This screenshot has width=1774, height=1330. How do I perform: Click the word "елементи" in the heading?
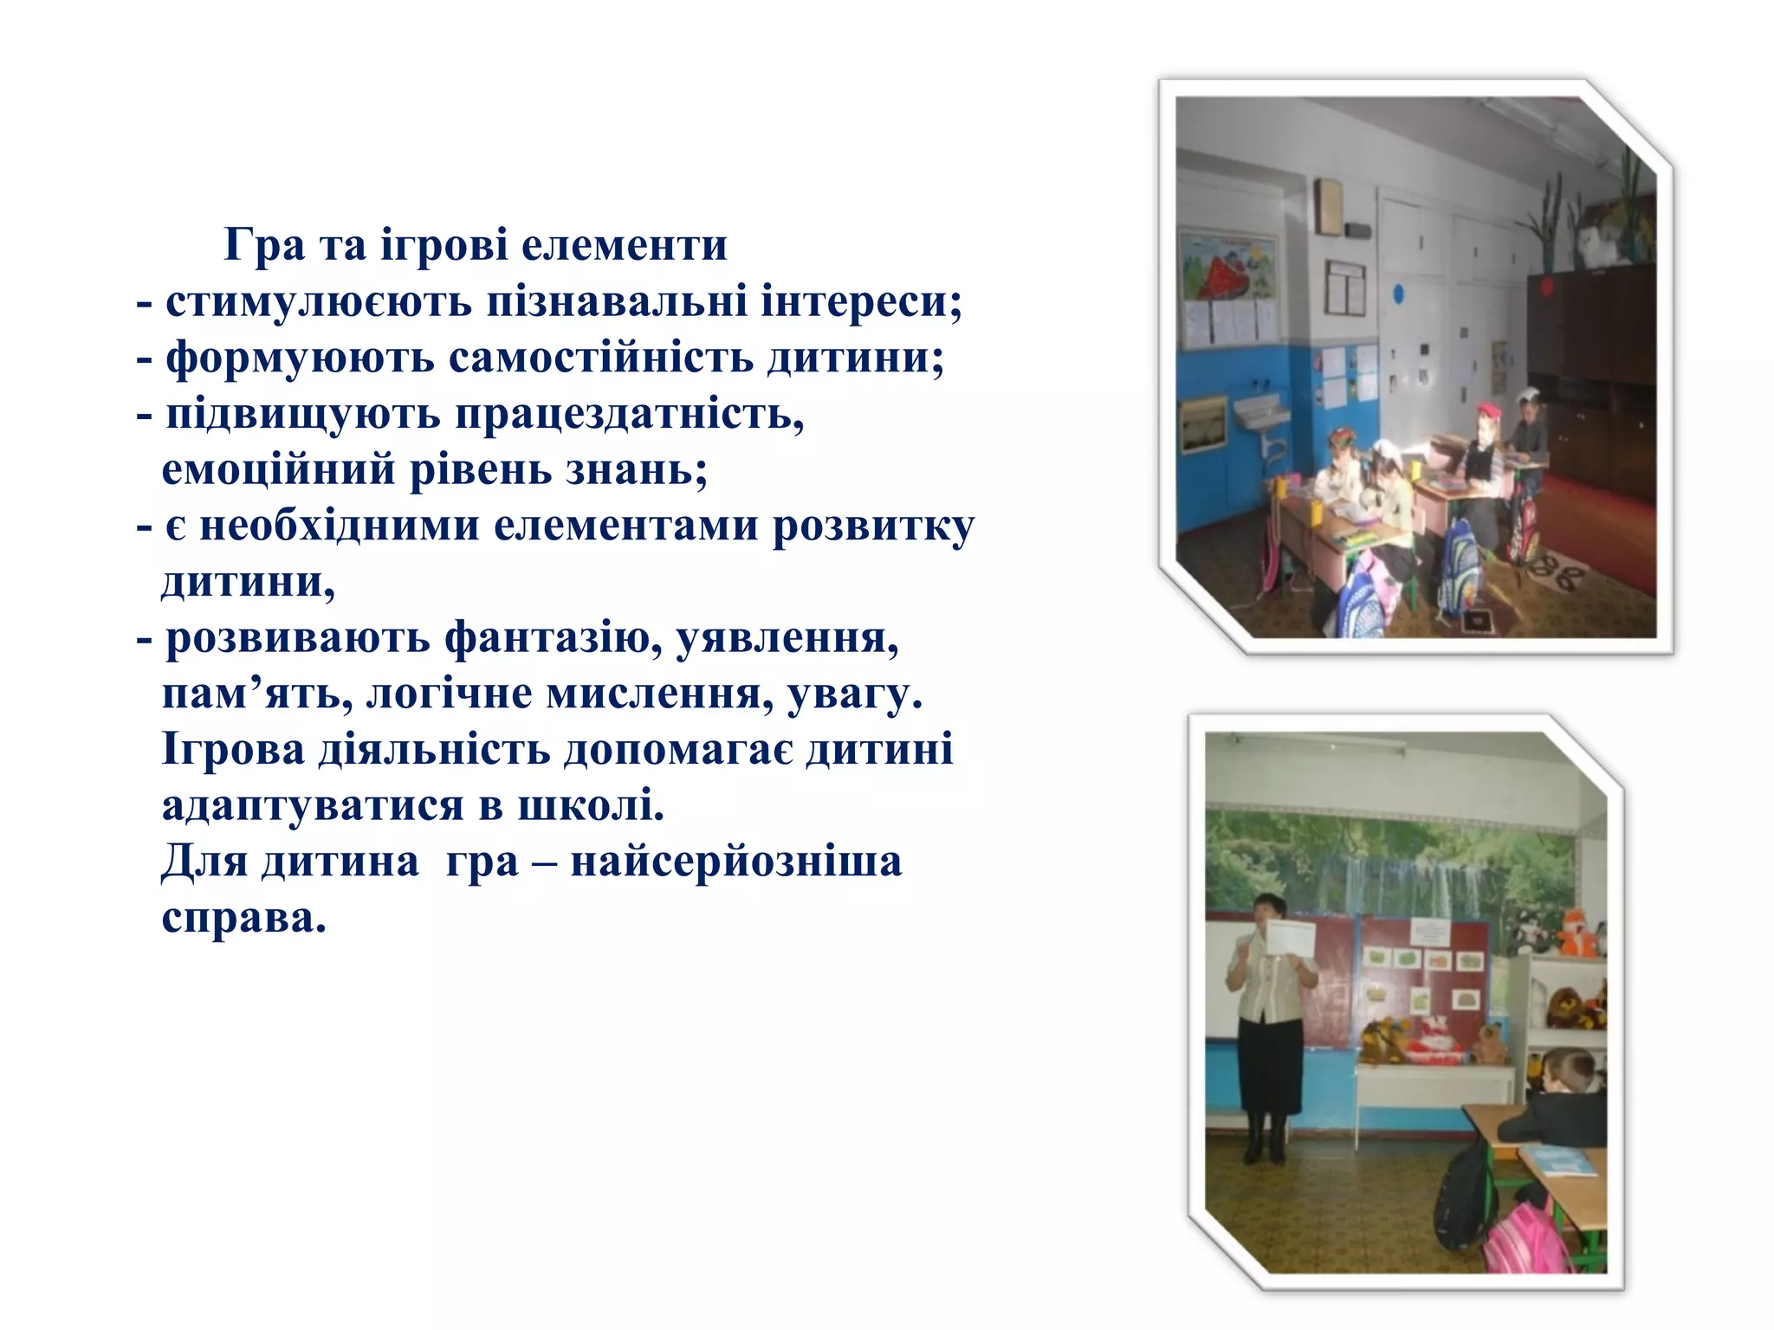[624, 245]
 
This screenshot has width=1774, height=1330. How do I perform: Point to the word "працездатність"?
[630, 415]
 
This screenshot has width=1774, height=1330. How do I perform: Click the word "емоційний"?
[278, 469]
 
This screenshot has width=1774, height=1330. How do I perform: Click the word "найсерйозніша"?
[736, 862]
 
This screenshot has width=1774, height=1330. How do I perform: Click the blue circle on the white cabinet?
[1398, 294]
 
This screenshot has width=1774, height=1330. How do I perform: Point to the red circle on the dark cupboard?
[1544, 287]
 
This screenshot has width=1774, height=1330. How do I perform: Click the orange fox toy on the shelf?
[1574, 933]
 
